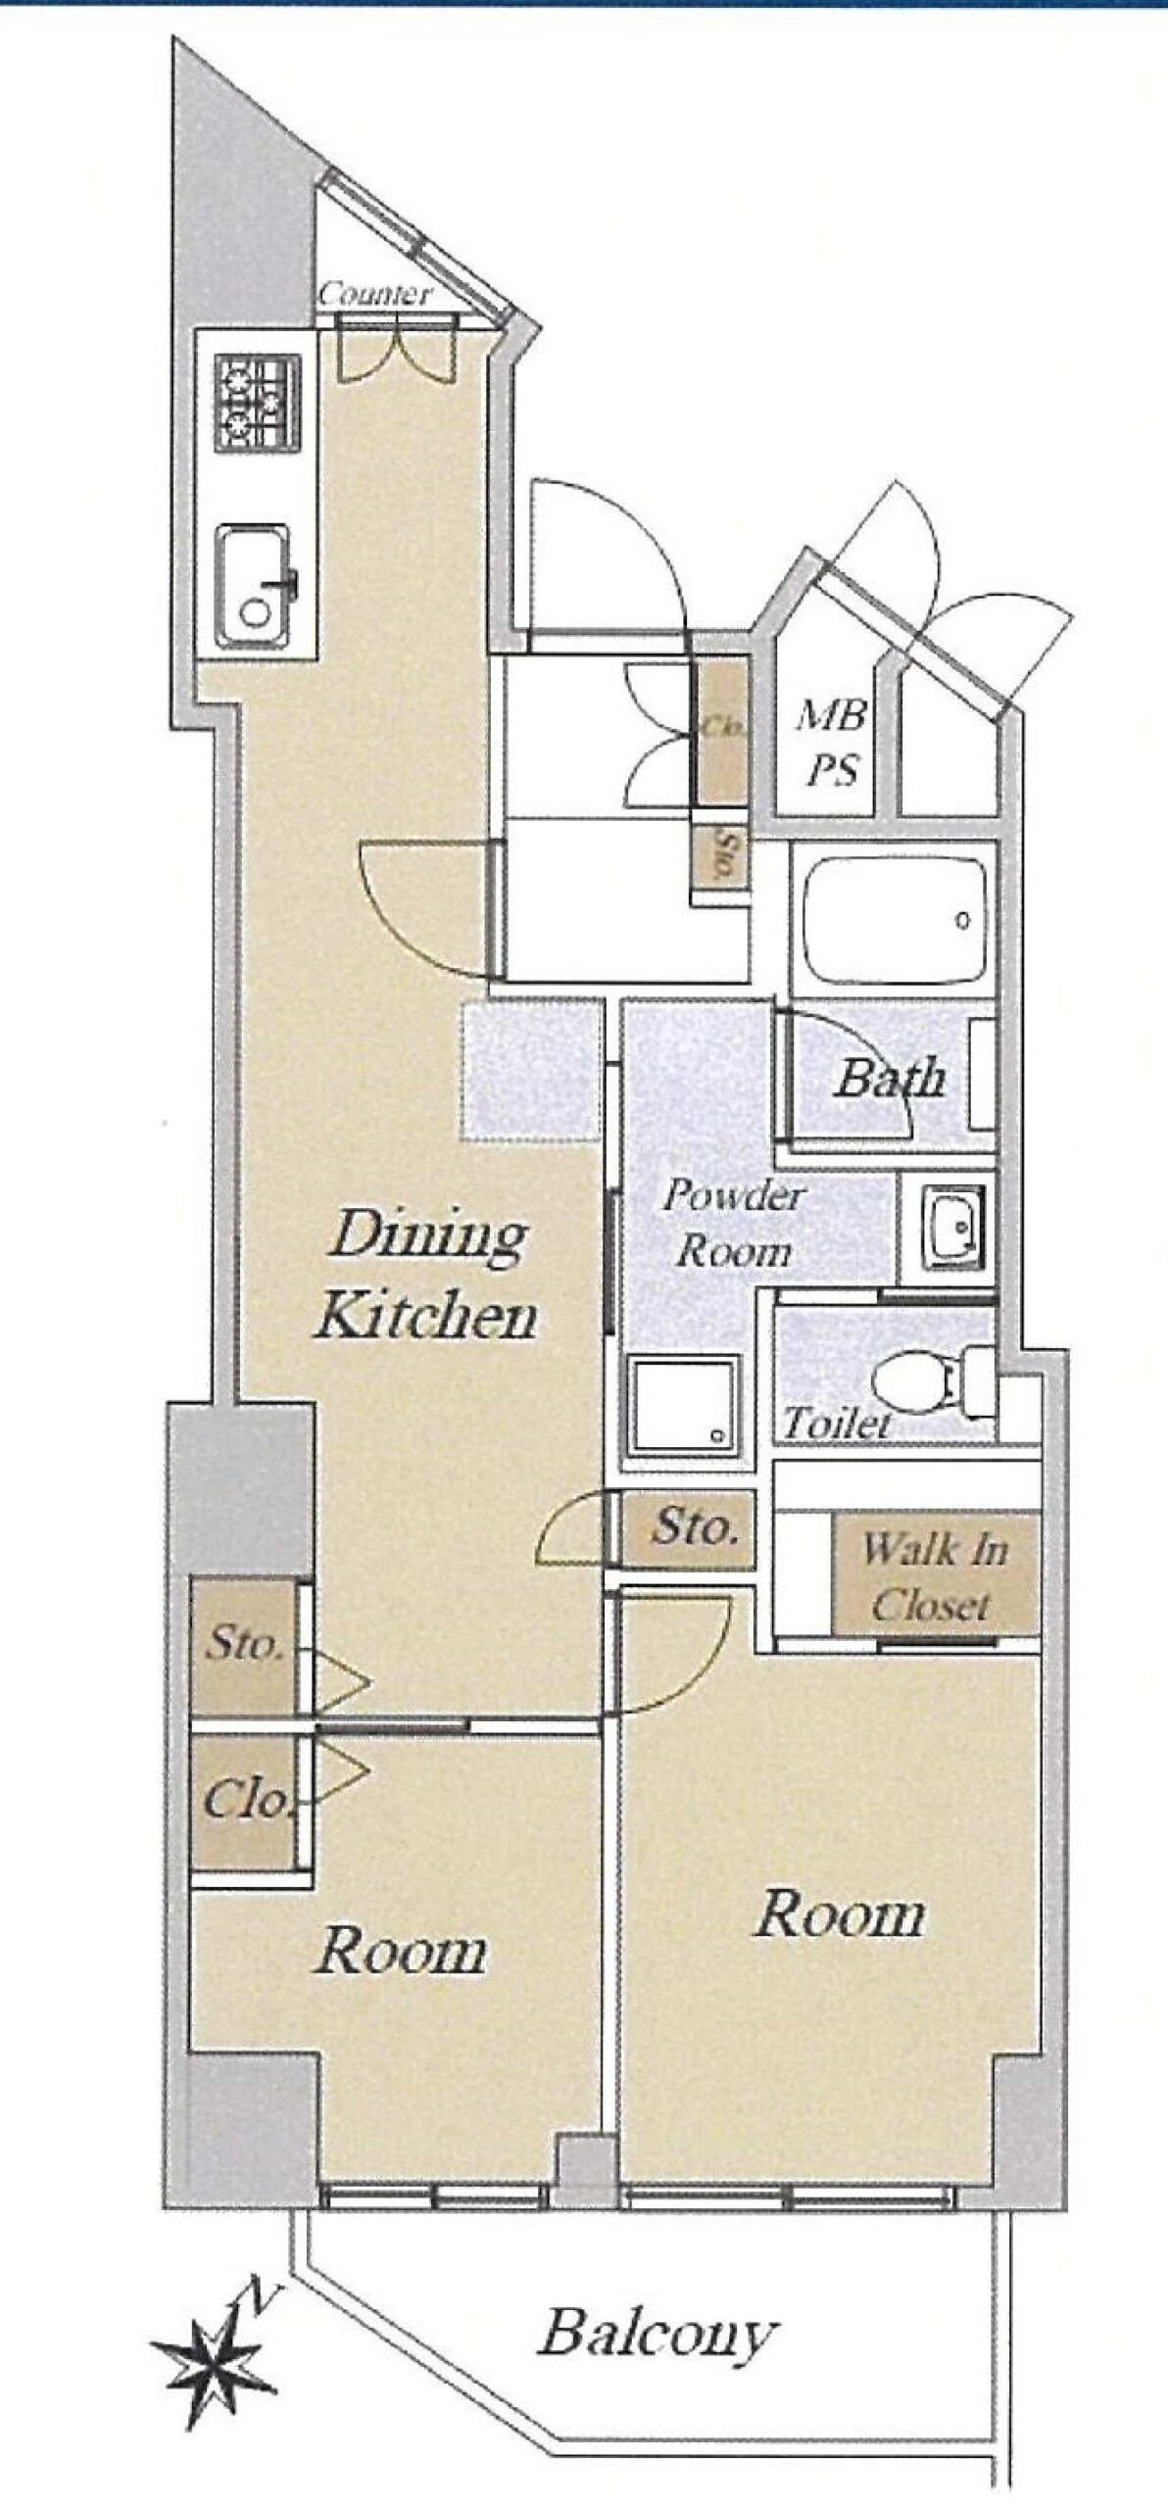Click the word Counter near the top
(x=374, y=294)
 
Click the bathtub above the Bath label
(x=893, y=924)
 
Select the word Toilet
(x=837, y=1422)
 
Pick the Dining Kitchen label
(x=427, y=1275)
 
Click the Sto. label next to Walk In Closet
(x=695, y=1526)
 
